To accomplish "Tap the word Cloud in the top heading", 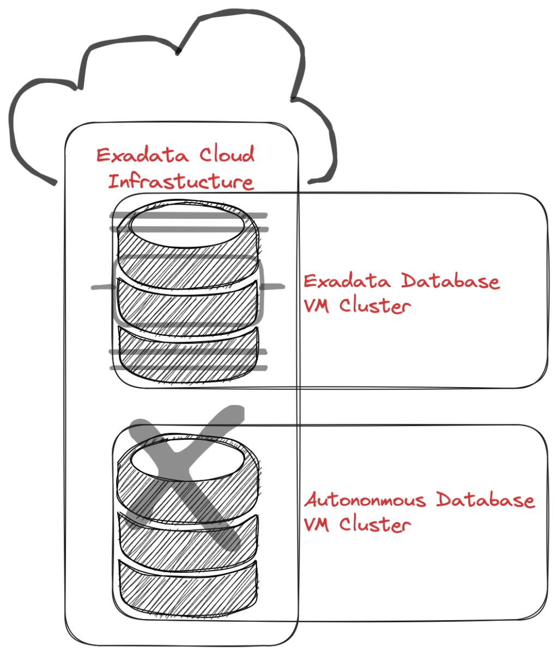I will (227, 155).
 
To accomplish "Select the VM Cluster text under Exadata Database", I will (356, 305).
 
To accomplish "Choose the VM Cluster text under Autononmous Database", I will (356, 525).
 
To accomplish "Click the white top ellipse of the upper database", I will (186, 226).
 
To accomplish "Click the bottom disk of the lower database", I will (187, 588).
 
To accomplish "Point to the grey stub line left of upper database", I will (101, 287).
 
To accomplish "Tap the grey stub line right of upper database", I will (274, 286).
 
